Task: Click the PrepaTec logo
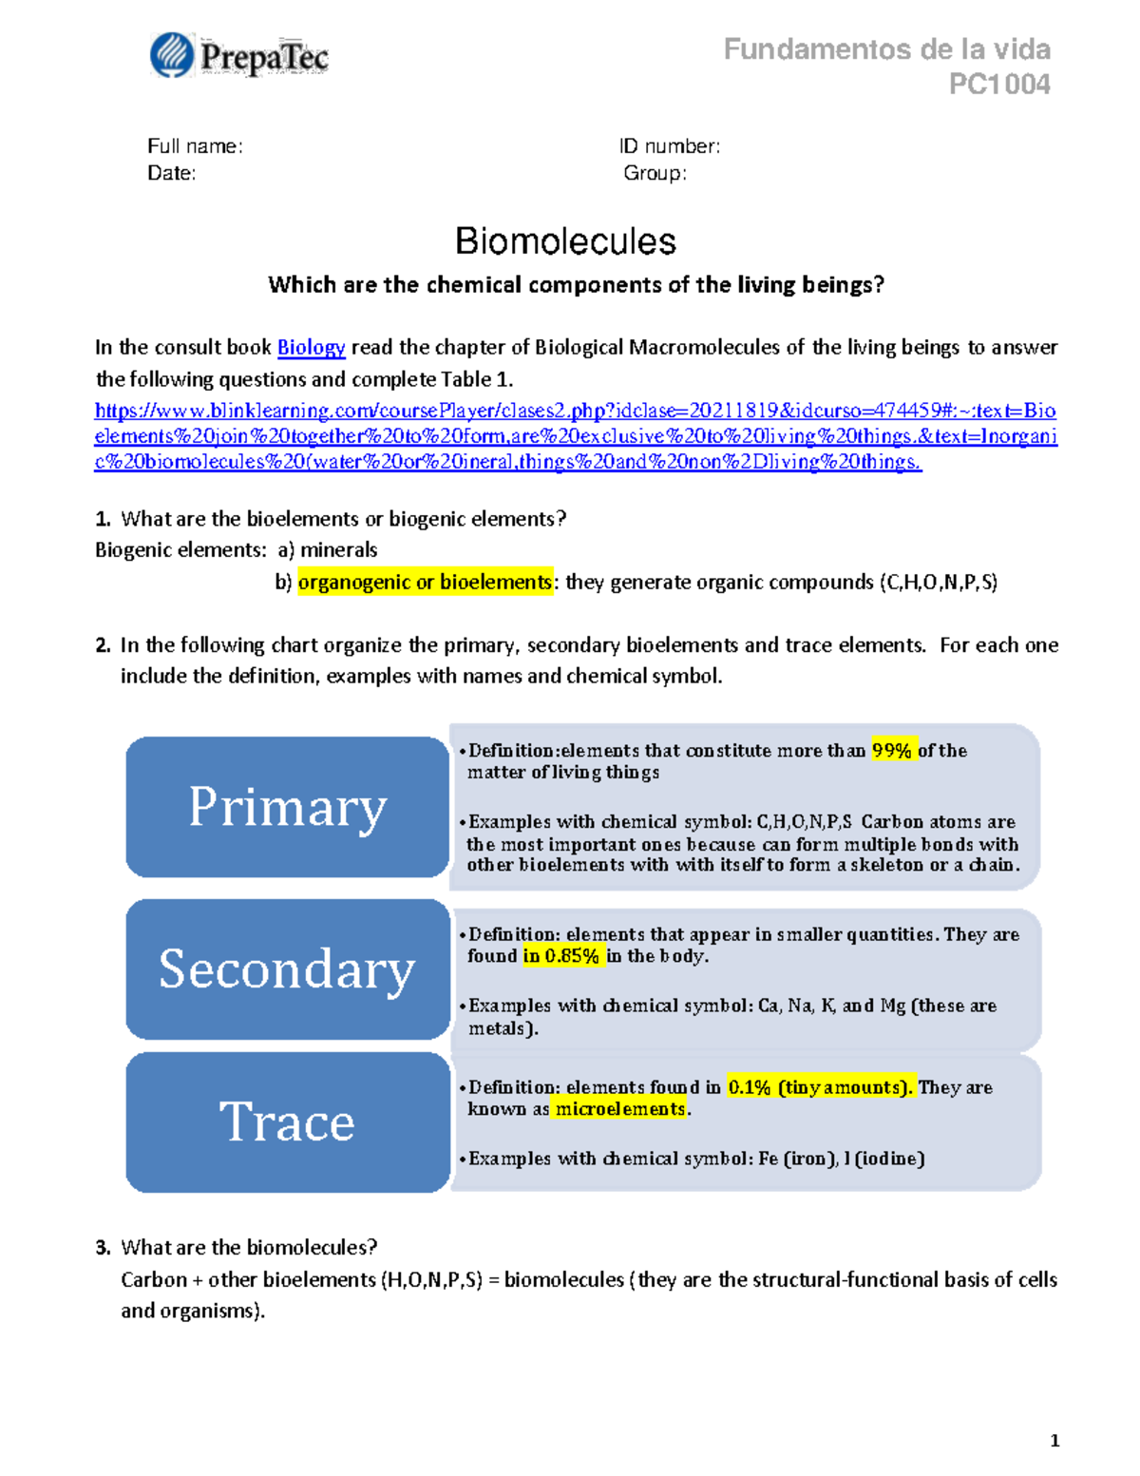[x=239, y=56]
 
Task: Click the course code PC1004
[x=999, y=85]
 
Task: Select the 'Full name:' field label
[x=195, y=146]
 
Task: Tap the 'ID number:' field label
[x=670, y=146]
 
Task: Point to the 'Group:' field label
[x=655, y=173]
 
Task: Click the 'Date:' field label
[x=172, y=173]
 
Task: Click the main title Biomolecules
[x=565, y=241]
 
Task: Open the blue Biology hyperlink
[x=311, y=348]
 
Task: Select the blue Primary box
[x=287, y=807]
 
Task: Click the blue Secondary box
[x=287, y=968]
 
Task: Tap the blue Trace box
[x=287, y=1121]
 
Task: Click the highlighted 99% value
[x=891, y=751]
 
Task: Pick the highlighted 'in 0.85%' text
[x=561, y=956]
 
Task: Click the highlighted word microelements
[x=620, y=1109]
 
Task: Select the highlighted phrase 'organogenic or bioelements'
[x=425, y=582]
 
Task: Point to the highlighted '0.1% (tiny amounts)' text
[x=820, y=1087]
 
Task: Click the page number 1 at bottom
[x=1054, y=1440]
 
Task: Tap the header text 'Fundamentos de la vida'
[x=886, y=49]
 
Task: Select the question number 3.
[x=103, y=1248]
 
